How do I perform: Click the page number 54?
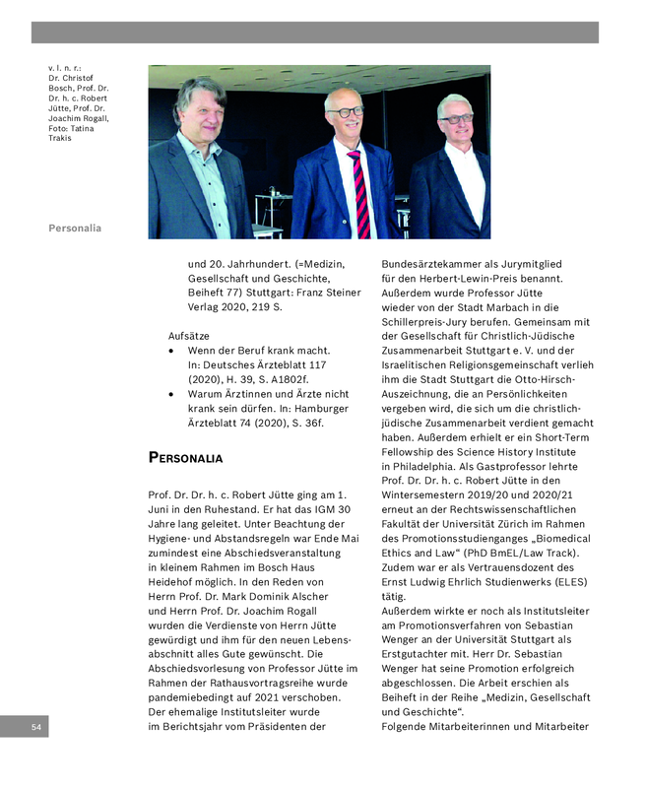tap(36, 727)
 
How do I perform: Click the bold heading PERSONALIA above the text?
tap(185, 457)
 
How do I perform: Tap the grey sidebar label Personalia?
tap(75, 229)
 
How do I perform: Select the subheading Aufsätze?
tap(189, 335)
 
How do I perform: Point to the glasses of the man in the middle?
tap(347, 112)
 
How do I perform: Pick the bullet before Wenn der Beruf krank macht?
tap(173, 351)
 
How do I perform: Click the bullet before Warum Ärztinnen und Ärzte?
tap(173, 393)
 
